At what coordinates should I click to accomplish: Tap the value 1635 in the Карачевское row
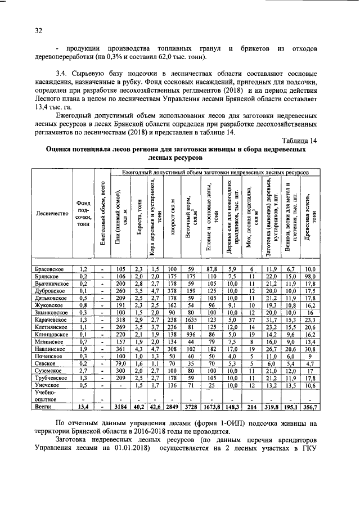click(191, 319)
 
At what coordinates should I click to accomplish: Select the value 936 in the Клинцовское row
click(191, 334)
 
